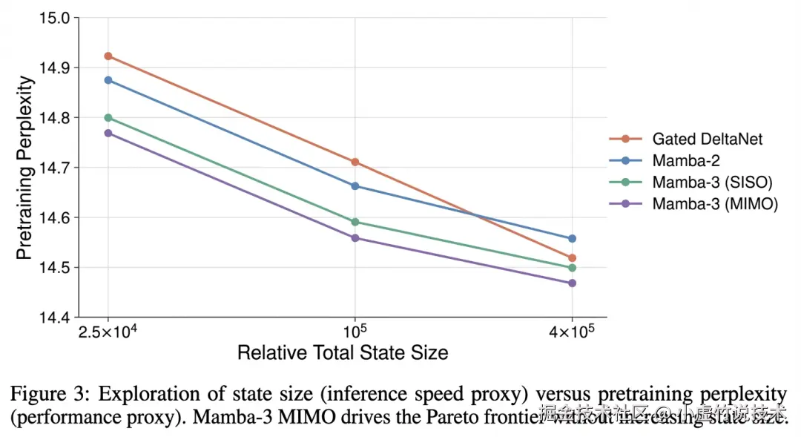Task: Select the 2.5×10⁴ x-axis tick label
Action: (108, 331)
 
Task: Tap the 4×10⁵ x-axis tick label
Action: (571, 331)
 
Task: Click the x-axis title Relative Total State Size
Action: (343, 352)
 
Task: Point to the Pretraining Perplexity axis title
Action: (24, 168)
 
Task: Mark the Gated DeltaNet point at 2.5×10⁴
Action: (108, 56)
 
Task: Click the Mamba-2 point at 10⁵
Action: (355, 186)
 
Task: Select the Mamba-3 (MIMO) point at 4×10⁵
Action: (572, 283)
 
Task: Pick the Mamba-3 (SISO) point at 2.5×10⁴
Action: (108, 117)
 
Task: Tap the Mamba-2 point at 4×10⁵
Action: (572, 239)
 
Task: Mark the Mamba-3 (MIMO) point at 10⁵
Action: (355, 238)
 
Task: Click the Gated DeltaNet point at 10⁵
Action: (355, 162)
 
